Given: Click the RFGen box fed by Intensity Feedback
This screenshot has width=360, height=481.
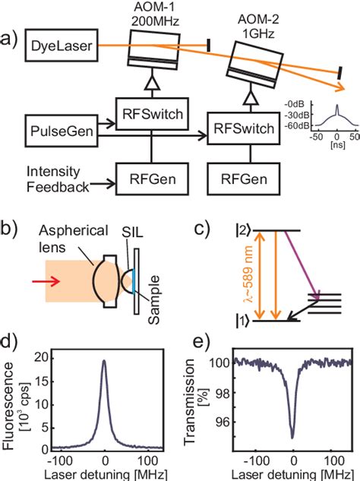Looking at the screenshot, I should [x=148, y=182].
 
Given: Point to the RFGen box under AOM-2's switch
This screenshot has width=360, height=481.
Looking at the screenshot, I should [x=245, y=182].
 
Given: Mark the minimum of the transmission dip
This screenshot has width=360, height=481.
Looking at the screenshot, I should [x=293, y=437].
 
